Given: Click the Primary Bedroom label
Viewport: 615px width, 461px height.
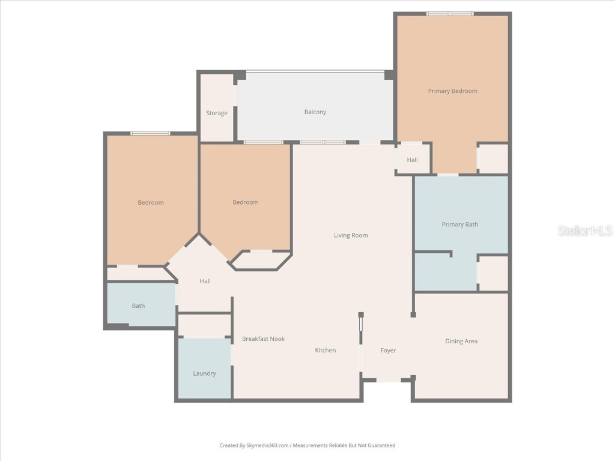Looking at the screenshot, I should coord(452,91).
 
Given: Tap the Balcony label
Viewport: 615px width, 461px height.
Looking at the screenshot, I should coord(315,112).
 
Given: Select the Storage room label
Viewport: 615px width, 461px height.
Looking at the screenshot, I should coord(217,113).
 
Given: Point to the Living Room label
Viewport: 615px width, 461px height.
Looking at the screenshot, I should coord(351,235).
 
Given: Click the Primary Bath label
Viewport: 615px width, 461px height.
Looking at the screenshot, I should coord(460,224).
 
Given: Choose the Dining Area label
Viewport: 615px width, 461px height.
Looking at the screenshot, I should coord(461,341).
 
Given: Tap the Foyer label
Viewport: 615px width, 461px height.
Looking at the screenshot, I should coord(388,351).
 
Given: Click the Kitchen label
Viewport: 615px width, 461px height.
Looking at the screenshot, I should coord(326,350).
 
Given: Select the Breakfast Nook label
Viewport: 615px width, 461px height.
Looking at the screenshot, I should coord(263,339).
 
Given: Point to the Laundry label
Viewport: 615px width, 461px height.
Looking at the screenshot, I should coord(204,373).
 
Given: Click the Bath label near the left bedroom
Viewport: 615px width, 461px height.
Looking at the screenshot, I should coord(138,306).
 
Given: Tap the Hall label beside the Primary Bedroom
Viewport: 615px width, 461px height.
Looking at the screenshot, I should coord(412,160).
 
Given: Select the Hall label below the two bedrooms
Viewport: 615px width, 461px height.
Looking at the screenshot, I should coord(205,281).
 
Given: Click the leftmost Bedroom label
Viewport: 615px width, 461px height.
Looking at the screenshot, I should coord(151,202).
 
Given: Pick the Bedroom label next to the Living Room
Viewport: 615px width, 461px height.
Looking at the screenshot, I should coord(245,202).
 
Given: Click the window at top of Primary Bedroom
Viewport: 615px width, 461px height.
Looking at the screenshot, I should coord(450,13).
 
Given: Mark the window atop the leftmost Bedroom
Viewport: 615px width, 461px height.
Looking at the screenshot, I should coord(150,133).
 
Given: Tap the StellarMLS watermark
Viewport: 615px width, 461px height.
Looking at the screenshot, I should coord(584,230).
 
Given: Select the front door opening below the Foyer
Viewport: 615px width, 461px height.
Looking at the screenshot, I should coord(387,379).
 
